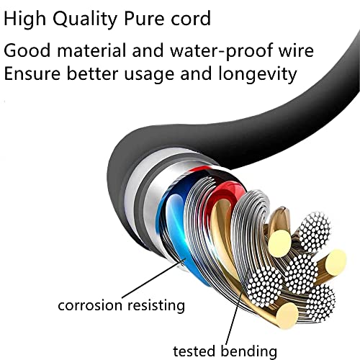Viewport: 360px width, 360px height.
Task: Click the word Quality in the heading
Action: click(x=85, y=19)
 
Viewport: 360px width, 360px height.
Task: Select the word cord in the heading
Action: click(x=191, y=18)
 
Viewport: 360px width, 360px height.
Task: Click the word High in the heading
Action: click(x=24, y=19)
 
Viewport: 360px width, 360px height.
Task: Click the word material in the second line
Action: click(x=91, y=50)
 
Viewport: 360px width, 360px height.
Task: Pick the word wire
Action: click(x=297, y=50)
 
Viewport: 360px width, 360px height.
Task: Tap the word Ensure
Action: click(x=32, y=73)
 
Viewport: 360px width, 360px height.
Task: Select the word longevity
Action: click(x=258, y=74)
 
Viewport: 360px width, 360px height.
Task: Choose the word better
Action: click(x=92, y=73)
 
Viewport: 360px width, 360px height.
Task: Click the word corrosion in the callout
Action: click(x=90, y=305)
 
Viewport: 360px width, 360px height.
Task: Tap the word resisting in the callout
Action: click(x=156, y=305)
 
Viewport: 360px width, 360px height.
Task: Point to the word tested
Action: click(x=194, y=351)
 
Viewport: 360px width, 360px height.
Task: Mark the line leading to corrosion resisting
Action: click(x=154, y=278)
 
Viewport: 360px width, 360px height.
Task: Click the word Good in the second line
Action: click(x=27, y=50)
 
